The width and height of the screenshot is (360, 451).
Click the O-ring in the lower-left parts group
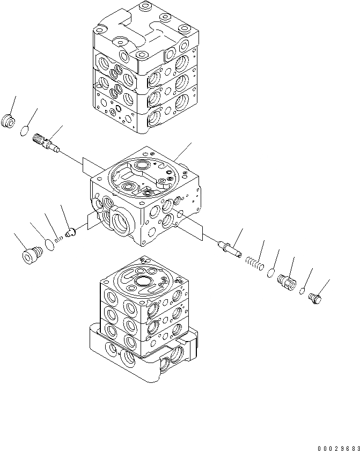click(49, 245)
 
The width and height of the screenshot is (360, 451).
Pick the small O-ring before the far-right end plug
click(303, 291)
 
